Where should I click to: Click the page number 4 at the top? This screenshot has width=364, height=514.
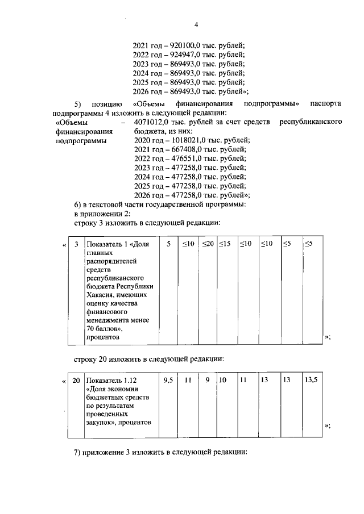(196, 24)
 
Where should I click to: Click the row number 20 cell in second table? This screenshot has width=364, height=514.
(76, 380)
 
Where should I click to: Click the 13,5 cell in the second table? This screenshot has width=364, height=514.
(311, 380)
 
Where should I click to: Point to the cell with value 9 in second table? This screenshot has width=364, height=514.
(208, 380)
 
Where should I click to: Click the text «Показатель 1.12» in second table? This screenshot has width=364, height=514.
(113, 380)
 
